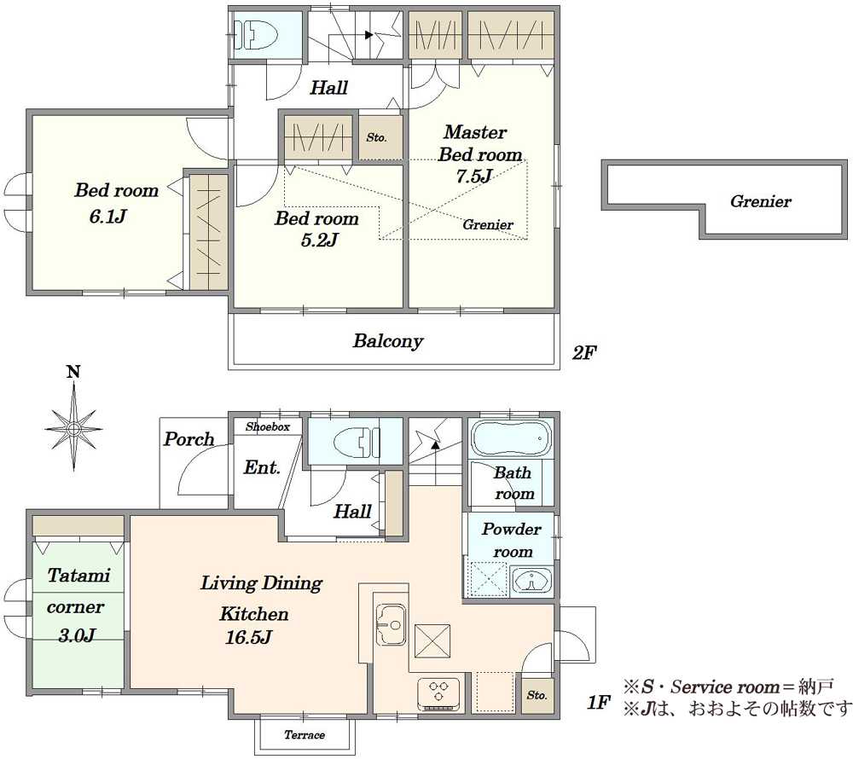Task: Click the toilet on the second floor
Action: point(256,34)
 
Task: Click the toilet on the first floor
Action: point(357,441)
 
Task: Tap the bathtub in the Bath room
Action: point(511,437)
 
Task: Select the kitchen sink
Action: point(391,625)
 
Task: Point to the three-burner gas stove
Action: point(440,692)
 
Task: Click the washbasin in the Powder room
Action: point(531,582)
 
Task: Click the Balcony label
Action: point(388,341)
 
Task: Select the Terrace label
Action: point(305,735)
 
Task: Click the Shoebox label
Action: point(268,426)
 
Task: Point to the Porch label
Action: point(189,438)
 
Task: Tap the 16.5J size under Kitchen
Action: point(248,637)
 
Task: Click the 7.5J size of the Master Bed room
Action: point(473,177)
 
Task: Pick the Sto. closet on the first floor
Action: point(537,695)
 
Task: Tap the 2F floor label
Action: point(584,353)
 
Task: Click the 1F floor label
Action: point(599,703)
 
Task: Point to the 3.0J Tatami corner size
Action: point(77,635)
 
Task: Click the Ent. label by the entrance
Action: point(262,467)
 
